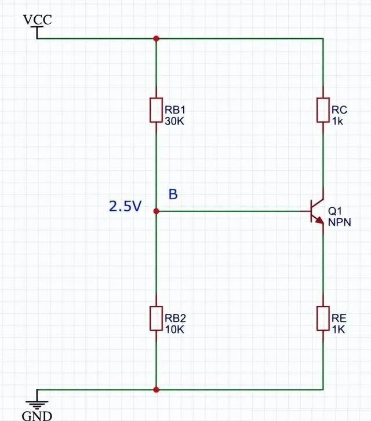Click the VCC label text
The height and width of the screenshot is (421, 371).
[x=37, y=20]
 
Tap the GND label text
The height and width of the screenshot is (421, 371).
[x=37, y=415]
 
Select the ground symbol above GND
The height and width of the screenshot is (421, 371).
[x=37, y=399]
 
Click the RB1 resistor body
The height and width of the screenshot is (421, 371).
[x=156, y=110]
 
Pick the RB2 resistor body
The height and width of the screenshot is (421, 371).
[x=156, y=319]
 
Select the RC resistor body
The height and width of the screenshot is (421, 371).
[x=323, y=110]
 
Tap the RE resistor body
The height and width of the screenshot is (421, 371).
[x=323, y=319]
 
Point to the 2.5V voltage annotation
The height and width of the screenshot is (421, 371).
[x=125, y=207]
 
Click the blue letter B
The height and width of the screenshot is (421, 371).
[x=173, y=195]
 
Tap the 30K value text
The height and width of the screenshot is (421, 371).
[x=174, y=121]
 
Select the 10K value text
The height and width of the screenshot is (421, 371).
[x=174, y=330]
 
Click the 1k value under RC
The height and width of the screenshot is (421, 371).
[x=338, y=121]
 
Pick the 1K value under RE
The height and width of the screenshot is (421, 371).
[x=339, y=330]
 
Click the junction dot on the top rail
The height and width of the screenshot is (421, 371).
[x=156, y=39]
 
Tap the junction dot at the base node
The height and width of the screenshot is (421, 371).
[x=156, y=212]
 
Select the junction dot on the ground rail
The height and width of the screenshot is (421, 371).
[x=156, y=390]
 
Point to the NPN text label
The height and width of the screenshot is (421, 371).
[x=340, y=222]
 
